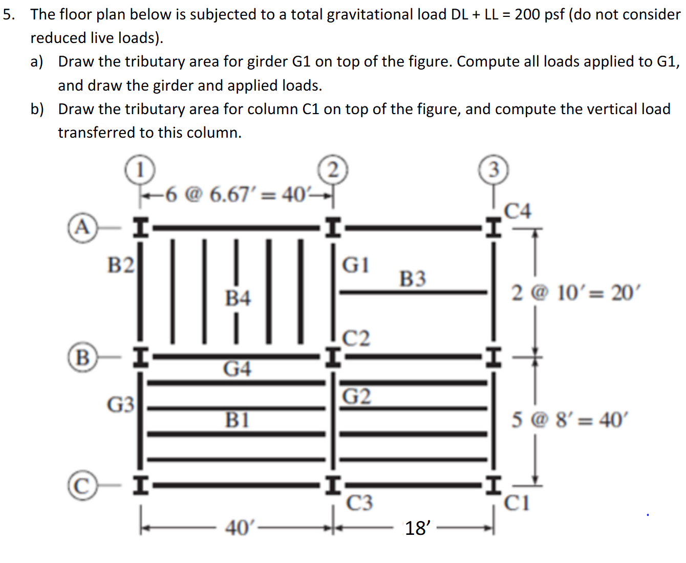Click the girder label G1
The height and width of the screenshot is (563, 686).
[355, 265]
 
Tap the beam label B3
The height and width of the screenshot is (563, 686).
[412, 279]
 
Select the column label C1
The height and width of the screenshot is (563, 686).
[517, 503]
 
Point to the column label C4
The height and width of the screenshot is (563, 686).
[518, 211]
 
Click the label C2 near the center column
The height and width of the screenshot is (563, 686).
[356, 338]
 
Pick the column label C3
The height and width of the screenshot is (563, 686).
[359, 503]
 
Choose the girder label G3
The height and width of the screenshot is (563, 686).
[121, 404]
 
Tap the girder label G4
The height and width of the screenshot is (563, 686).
[237, 369]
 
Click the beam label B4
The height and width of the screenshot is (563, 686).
[238, 298]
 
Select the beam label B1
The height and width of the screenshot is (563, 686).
[238, 420]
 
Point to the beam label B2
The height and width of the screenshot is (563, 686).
[121, 265]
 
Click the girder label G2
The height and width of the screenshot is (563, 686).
[357, 396]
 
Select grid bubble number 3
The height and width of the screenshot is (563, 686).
[494, 169]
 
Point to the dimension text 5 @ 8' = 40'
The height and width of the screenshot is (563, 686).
[568, 420]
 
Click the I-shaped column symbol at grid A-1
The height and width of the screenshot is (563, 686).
[141, 227]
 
